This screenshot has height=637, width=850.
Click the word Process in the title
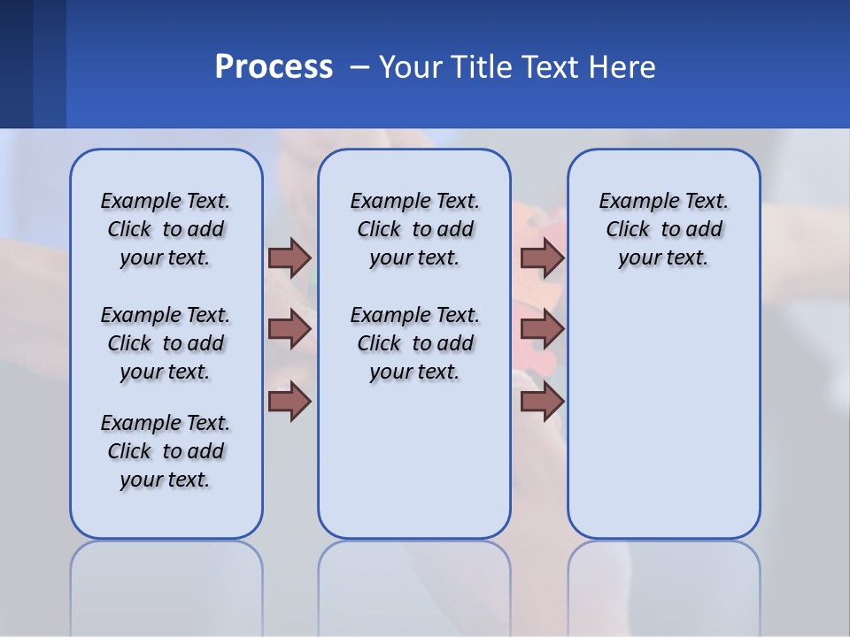coord(274,67)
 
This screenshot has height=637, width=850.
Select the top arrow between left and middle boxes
coord(290,257)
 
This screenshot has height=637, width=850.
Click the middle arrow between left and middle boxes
coord(290,329)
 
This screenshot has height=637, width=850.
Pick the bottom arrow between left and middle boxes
coord(290,402)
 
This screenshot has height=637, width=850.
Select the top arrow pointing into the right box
coord(542,257)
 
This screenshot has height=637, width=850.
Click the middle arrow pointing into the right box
coord(542,329)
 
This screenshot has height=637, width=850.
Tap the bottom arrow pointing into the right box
coord(542,402)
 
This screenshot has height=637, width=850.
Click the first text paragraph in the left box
coord(166,229)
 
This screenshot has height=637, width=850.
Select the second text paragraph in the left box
coord(166,343)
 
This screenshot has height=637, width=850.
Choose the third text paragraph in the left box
coord(166,451)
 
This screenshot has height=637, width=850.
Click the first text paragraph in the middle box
coord(414,229)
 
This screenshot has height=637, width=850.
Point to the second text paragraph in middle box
coord(414,343)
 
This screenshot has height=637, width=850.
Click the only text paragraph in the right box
coord(663,229)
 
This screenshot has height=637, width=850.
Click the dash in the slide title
coord(359,67)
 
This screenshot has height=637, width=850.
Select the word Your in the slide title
coord(411,67)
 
